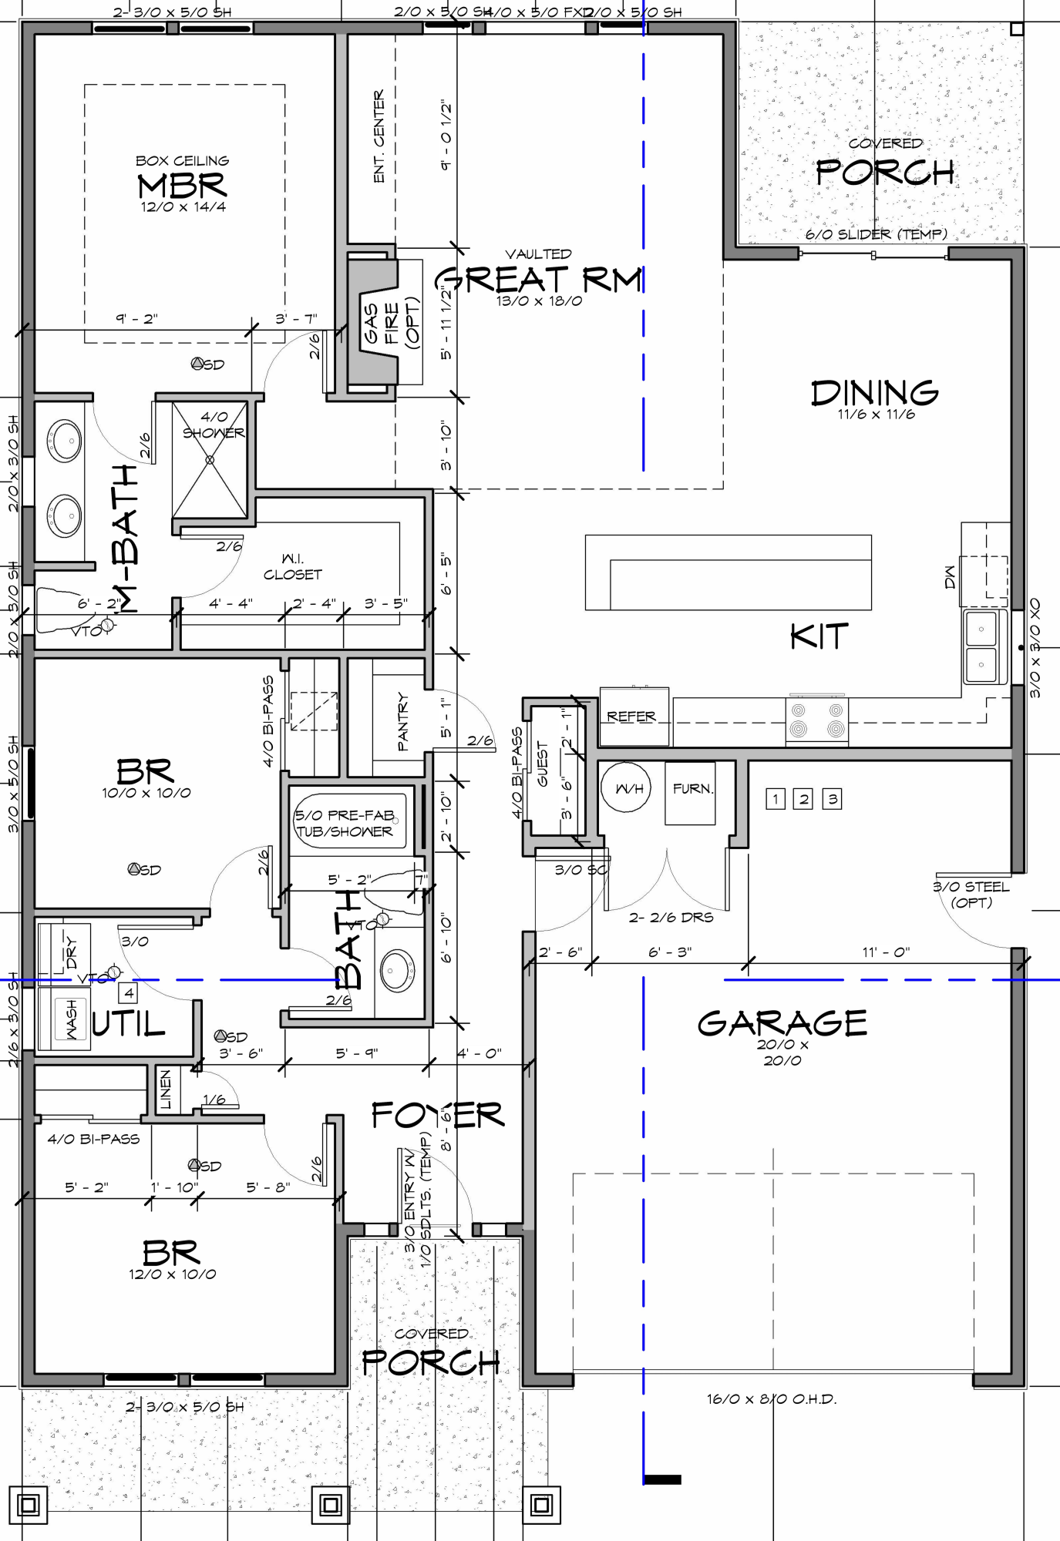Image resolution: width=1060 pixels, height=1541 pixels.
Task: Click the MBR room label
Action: click(x=182, y=186)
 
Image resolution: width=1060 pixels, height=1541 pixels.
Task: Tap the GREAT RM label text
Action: click(x=539, y=279)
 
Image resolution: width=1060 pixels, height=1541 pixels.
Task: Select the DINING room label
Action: click(x=875, y=393)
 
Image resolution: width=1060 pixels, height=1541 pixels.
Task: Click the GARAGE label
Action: click(x=782, y=1024)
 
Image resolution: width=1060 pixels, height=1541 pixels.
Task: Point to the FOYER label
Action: click(x=437, y=1115)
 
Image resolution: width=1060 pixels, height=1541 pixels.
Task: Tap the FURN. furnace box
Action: click(x=692, y=791)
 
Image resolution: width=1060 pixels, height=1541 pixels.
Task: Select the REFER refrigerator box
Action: click(x=632, y=717)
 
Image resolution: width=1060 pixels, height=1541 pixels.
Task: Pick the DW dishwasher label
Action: click(x=950, y=577)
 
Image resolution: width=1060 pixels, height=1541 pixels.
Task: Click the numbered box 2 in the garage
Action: click(x=804, y=799)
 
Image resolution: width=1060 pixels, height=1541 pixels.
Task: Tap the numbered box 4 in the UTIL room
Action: click(x=129, y=993)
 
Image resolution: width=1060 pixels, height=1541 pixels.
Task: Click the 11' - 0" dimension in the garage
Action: click(x=886, y=952)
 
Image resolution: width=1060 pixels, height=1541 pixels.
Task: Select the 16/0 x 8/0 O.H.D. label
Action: click(x=771, y=1399)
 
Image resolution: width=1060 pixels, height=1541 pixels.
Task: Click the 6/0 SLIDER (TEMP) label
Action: click(x=876, y=234)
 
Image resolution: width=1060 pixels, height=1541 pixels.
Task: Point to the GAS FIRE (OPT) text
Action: click(x=392, y=324)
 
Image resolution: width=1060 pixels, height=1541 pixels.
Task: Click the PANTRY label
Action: click(x=402, y=722)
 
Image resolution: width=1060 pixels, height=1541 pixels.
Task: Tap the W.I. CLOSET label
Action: click(x=292, y=567)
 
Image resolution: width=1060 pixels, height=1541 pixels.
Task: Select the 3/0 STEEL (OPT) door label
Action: click(x=971, y=895)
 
